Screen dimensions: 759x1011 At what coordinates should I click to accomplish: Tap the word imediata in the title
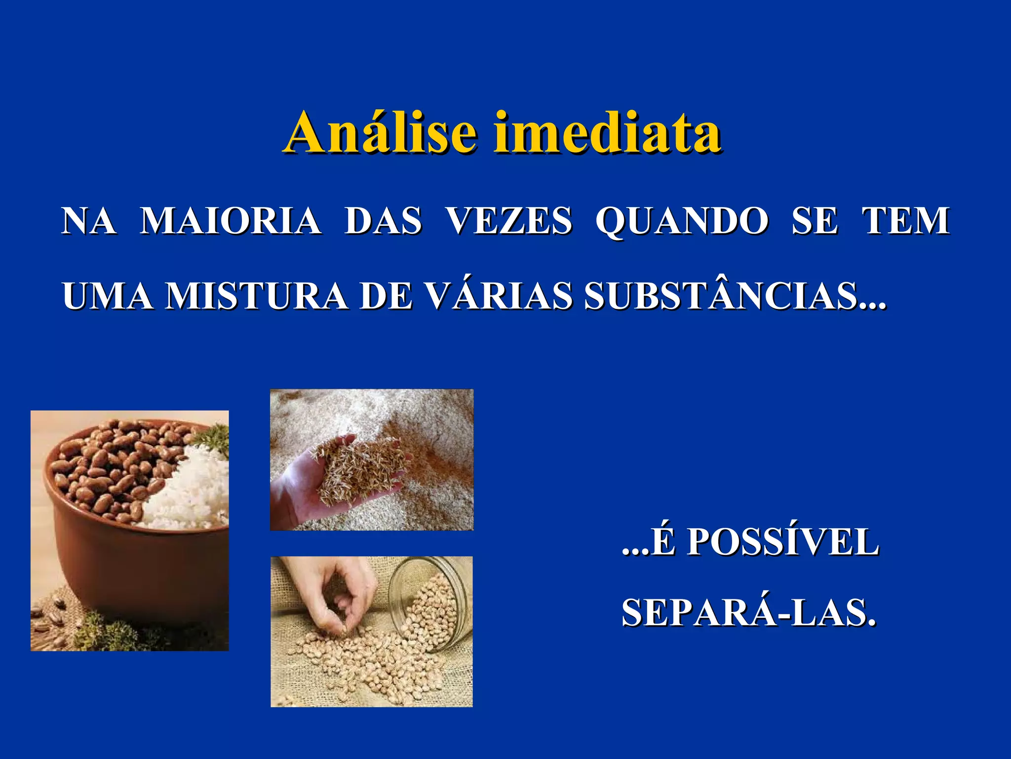point(608,132)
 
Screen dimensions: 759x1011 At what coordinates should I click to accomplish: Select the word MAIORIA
point(231,220)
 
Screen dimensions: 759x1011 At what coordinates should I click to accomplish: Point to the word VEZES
point(509,220)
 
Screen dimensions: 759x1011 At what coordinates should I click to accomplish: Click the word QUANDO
point(682,220)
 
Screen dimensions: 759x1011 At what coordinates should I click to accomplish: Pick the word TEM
point(906,220)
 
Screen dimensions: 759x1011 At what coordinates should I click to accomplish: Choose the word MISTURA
point(256,296)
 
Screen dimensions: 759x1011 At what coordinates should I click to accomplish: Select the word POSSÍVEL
point(783,542)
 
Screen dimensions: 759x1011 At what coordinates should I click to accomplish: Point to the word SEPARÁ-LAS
point(748,613)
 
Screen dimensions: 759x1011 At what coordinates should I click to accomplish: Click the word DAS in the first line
point(383,220)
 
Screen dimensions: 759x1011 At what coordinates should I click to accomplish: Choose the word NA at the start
point(89,220)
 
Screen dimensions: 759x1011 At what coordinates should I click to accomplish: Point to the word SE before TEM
point(815,220)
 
